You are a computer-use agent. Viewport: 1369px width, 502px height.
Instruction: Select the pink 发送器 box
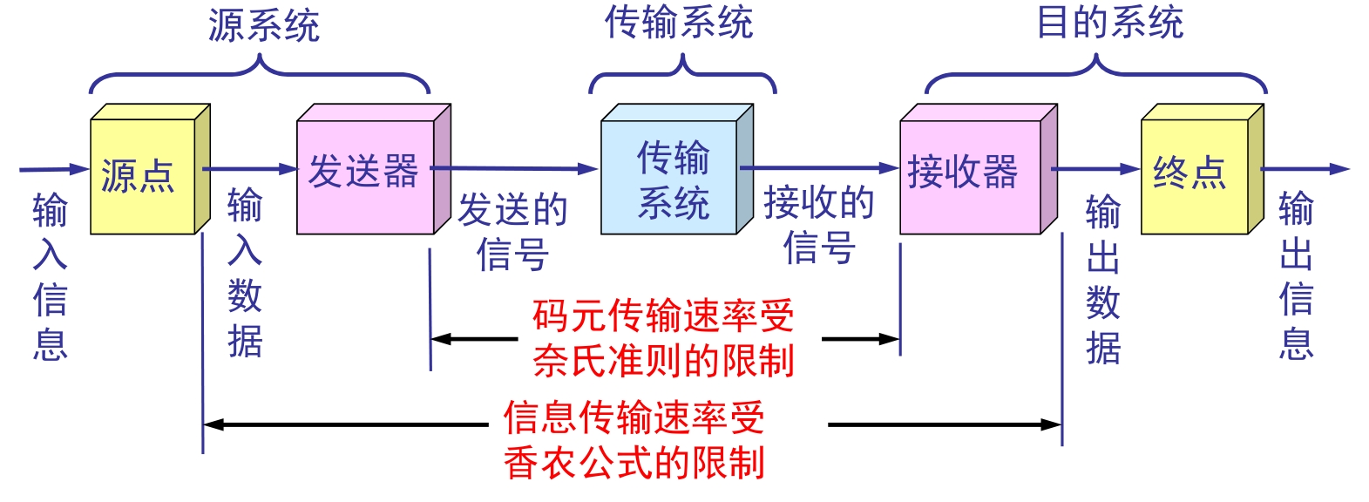(x=364, y=173)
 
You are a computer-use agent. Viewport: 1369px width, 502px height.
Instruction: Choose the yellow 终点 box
(x=1193, y=173)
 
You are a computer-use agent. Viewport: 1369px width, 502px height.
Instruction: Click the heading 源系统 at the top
(x=263, y=25)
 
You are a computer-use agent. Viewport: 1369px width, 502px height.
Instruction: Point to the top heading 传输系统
(x=679, y=23)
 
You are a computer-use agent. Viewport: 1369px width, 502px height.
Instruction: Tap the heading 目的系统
(x=1109, y=23)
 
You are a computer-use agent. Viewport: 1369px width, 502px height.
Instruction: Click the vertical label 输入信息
(x=50, y=276)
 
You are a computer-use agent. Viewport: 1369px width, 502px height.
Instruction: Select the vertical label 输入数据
(x=245, y=273)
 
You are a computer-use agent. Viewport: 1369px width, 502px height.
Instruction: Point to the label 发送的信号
(x=512, y=232)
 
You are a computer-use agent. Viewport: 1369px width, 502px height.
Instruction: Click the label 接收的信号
(x=819, y=225)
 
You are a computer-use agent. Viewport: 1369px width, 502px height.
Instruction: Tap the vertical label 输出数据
(x=1103, y=280)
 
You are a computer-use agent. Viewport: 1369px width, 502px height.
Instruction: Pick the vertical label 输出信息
(x=1296, y=275)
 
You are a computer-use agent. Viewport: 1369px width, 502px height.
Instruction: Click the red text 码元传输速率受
(x=663, y=315)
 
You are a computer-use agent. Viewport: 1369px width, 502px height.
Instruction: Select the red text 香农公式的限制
(x=634, y=463)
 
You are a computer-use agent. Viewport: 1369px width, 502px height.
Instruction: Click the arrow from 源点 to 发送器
(x=251, y=169)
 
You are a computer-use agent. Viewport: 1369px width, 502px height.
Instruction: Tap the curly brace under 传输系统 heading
(x=682, y=77)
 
